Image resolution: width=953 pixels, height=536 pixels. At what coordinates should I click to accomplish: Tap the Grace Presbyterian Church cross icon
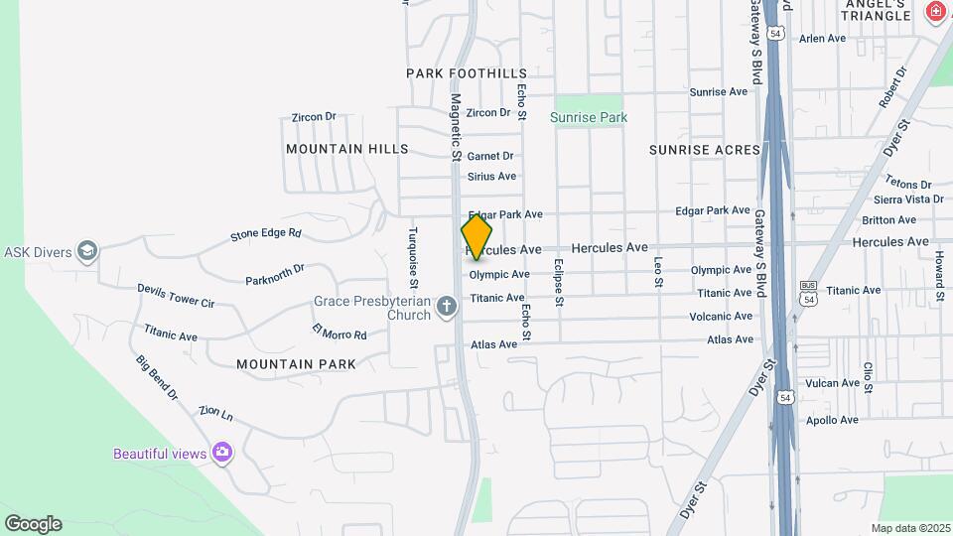tap(447, 306)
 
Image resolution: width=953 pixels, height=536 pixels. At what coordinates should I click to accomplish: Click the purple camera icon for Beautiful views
tap(221, 454)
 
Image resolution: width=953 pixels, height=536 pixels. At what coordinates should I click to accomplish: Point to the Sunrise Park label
tap(589, 117)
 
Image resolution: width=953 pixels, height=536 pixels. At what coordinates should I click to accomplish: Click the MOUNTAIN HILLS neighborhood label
tap(346, 149)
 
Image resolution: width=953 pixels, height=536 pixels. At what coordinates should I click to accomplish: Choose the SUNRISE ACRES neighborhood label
tap(704, 150)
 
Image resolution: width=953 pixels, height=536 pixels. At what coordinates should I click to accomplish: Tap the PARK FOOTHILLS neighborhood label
tap(467, 73)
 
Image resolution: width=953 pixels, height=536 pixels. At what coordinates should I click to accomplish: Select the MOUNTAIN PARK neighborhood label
tap(296, 364)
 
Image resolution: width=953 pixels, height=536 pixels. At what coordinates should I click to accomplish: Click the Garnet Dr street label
tap(490, 156)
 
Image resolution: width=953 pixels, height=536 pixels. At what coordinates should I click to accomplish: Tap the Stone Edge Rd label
tap(265, 234)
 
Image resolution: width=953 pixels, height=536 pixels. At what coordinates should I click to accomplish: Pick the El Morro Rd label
tap(340, 332)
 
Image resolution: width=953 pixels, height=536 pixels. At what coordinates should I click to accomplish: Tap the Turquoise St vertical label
tap(414, 253)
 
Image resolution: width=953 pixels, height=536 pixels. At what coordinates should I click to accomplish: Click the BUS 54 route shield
tap(808, 294)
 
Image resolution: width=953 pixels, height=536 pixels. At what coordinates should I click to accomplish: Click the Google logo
tap(33, 524)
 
